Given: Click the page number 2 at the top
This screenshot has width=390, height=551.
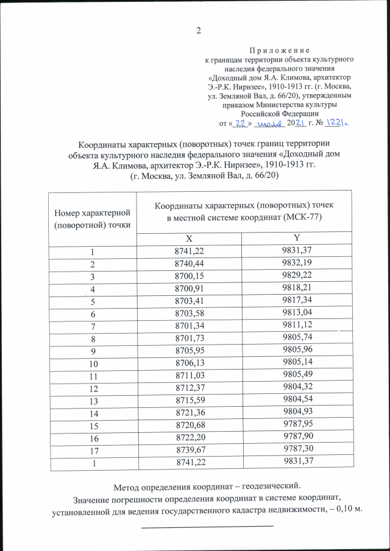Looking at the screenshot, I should click(x=198, y=31).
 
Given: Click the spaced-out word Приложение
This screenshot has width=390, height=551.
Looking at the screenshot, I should click(x=280, y=50).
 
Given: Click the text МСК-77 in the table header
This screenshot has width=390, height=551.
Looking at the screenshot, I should click(x=299, y=217).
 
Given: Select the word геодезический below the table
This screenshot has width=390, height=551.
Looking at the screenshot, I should click(x=268, y=486).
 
